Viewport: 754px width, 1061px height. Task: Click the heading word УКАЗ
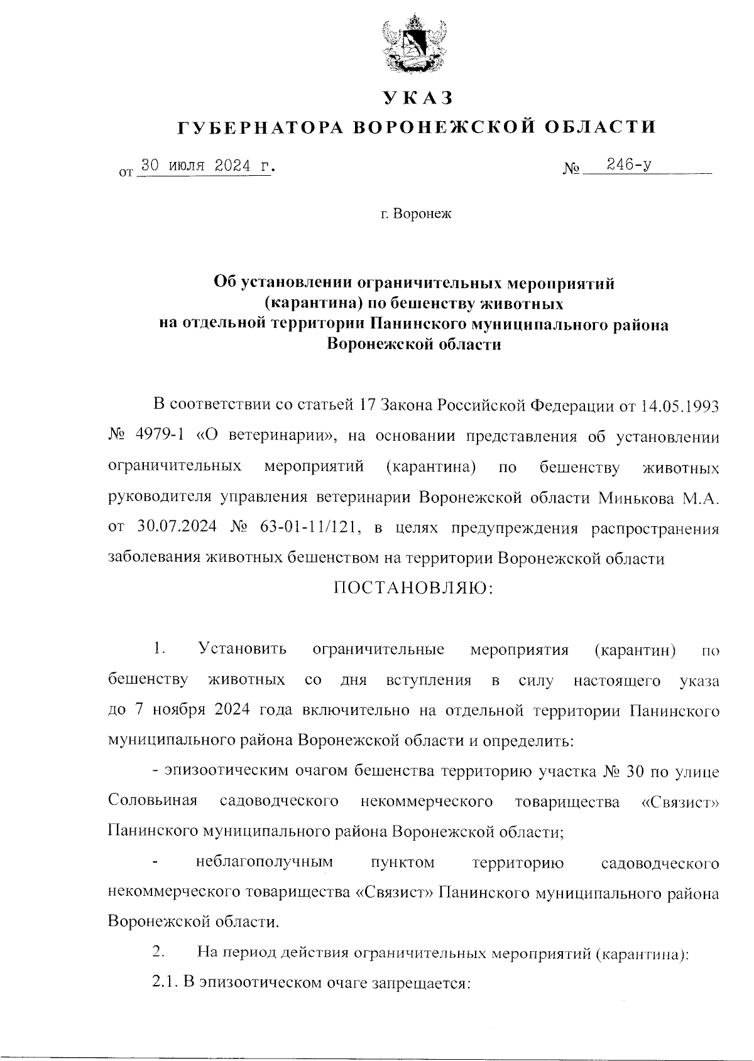pos(417,97)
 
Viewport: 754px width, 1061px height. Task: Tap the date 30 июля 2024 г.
pos(208,166)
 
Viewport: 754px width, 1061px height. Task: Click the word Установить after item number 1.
pos(243,649)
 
